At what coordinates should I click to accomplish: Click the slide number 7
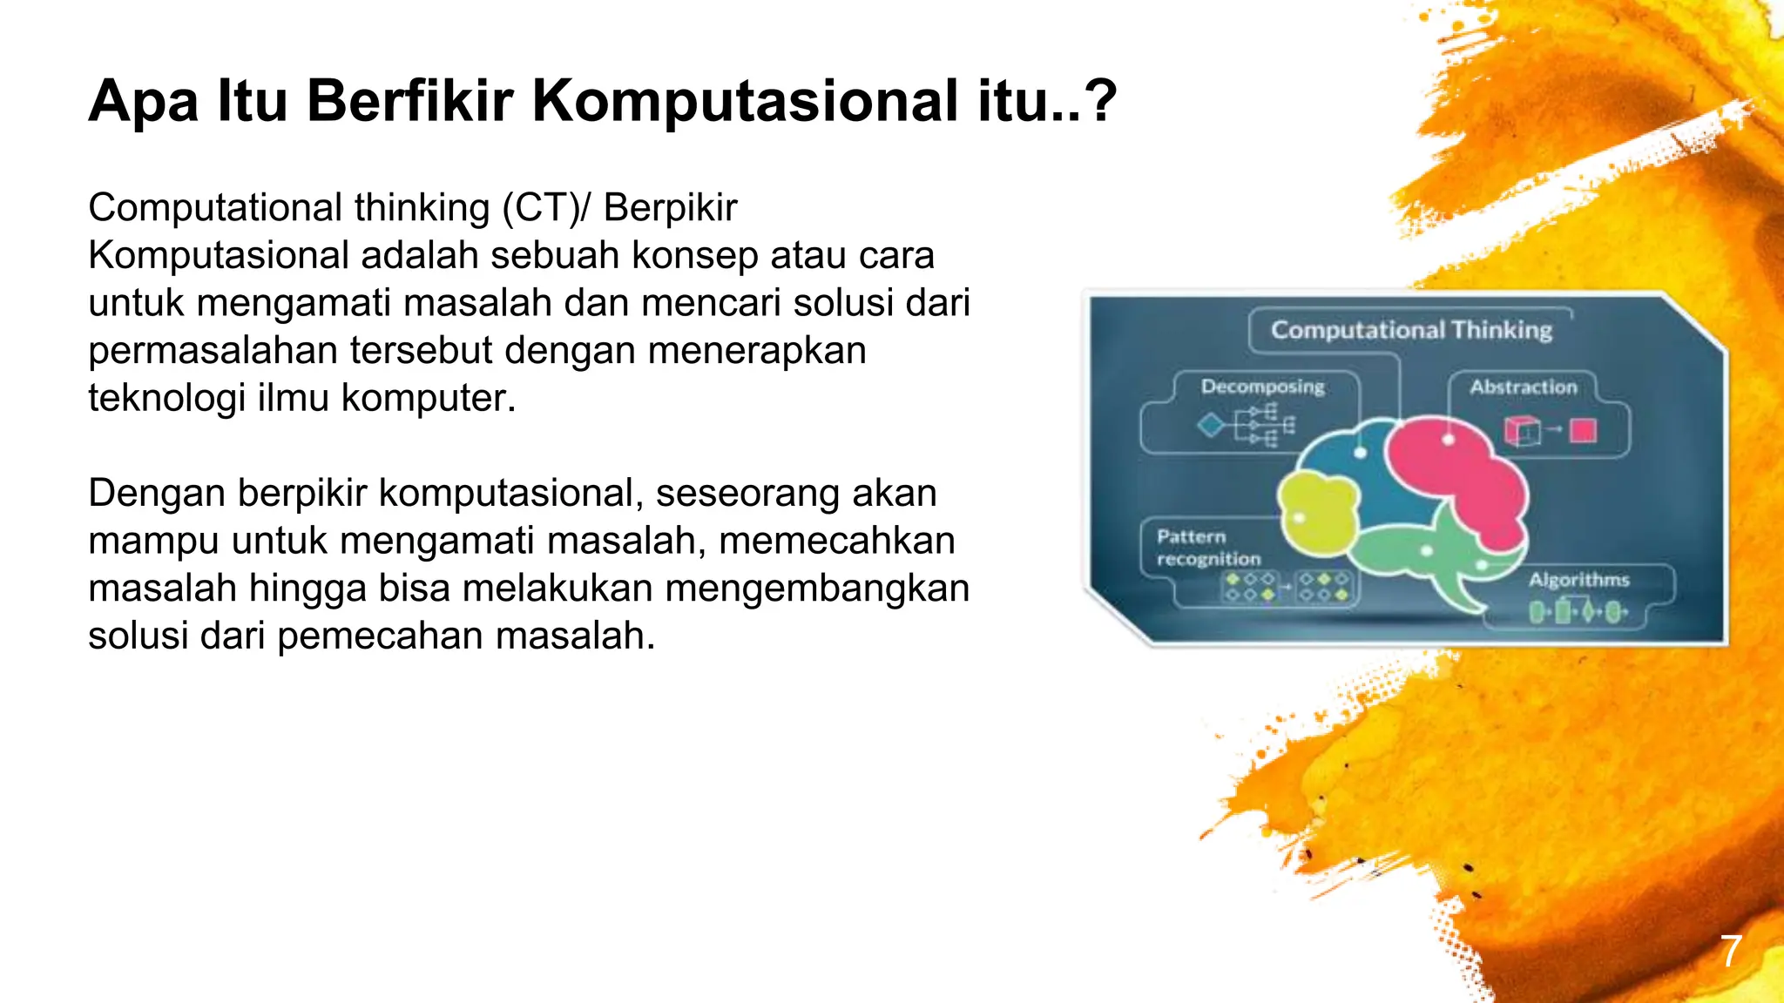(1731, 951)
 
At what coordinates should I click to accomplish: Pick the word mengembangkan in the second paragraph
(817, 588)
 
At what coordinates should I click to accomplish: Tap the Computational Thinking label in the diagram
(1410, 330)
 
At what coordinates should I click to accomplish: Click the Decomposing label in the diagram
(1262, 387)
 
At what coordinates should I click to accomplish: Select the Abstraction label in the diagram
(1523, 387)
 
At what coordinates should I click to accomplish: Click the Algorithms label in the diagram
(1578, 580)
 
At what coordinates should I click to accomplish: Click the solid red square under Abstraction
(1583, 431)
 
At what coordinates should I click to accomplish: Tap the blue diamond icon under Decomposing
(1210, 426)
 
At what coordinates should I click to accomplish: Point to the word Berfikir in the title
(409, 101)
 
